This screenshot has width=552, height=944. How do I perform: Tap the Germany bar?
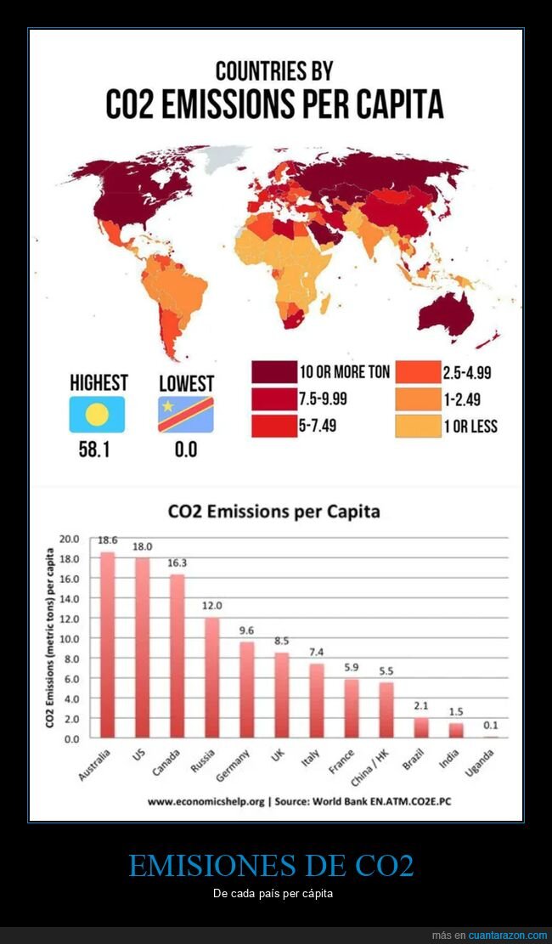[246, 689]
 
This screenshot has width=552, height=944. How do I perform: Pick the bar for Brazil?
[421, 727]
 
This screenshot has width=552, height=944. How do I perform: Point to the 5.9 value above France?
[352, 667]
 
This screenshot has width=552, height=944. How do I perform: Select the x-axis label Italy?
[310, 756]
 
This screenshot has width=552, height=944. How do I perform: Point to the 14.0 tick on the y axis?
[69, 598]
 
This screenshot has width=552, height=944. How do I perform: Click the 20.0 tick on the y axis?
[69, 539]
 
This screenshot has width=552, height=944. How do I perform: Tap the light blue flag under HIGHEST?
[97, 415]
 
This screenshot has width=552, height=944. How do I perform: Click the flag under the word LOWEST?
[186, 415]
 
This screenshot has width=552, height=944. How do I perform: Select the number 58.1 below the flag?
[96, 449]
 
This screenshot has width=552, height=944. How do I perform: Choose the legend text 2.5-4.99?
[467, 372]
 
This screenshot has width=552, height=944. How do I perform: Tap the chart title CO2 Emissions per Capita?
[273, 512]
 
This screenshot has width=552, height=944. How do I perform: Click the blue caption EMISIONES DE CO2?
[271, 866]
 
